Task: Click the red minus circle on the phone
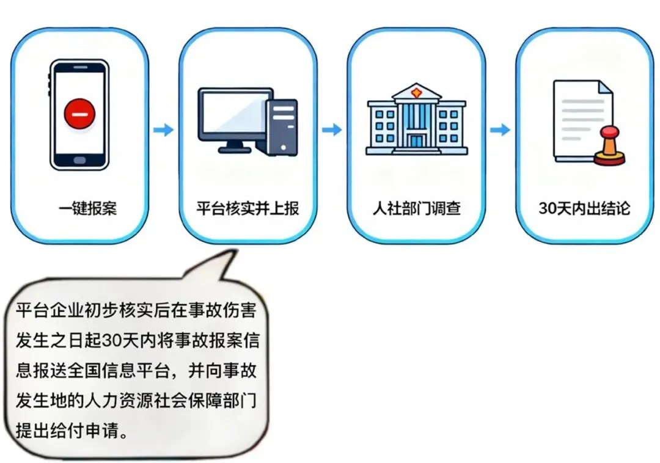pyautogui.click(x=80, y=114)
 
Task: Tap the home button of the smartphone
pyautogui.click(x=80, y=161)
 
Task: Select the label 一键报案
pyautogui.click(x=88, y=208)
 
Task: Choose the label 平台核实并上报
pyautogui.click(x=248, y=208)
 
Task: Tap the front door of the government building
pyautogui.click(x=416, y=140)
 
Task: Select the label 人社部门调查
pyautogui.click(x=416, y=208)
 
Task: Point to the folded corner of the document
pyautogui.click(x=604, y=87)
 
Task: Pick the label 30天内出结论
pyautogui.click(x=584, y=208)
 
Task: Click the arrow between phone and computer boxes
pyautogui.click(x=163, y=129)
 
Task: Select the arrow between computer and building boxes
pyautogui.click(x=332, y=129)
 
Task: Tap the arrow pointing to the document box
pyautogui.click(x=500, y=129)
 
